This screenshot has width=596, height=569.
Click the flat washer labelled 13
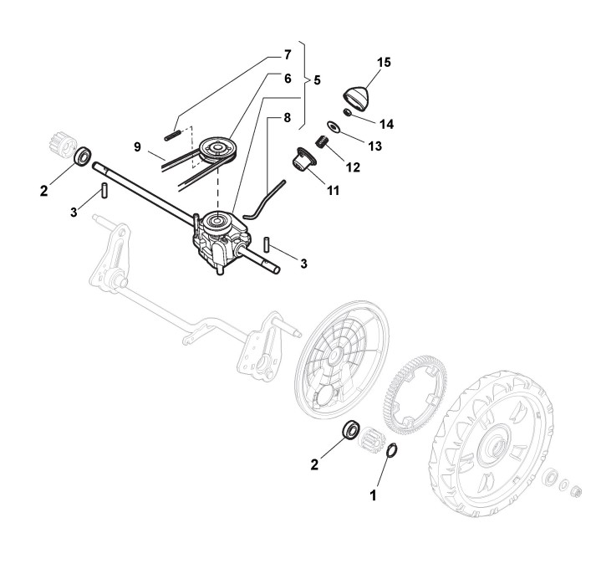pos(333,127)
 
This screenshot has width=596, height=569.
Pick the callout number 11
pos(333,191)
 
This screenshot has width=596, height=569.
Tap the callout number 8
pos(288,118)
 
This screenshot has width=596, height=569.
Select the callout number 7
pos(288,55)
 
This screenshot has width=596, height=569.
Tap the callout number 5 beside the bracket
pos(318,80)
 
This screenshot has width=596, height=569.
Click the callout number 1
pos(374,495)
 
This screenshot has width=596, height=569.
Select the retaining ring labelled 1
pos(390,453)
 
